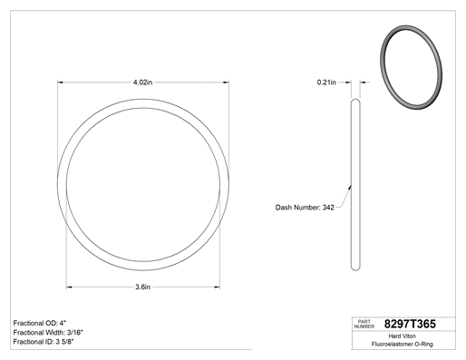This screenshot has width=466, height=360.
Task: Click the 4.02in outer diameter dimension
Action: pos(142,83)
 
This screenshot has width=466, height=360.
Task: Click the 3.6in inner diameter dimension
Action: pos(142,287)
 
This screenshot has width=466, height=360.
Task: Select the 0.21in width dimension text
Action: pos(326,83)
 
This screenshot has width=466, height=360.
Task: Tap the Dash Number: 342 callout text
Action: pos(305,208)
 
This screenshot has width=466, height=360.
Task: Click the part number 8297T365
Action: pos(410,324)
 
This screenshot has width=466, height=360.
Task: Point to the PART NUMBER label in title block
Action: pos(364,324)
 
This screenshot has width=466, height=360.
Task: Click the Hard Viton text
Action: pos(402,336)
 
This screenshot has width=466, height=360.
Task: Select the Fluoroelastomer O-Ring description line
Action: pos(402,344)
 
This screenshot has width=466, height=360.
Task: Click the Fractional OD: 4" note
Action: pos(40,323)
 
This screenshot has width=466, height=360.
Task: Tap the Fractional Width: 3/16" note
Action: pos(48,333)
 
